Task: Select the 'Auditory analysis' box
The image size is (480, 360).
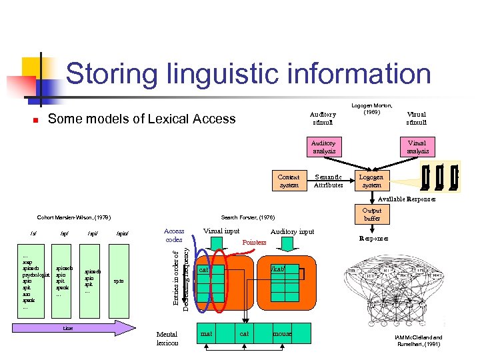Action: [x=323, y=147]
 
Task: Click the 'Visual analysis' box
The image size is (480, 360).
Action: [x=418, y=147]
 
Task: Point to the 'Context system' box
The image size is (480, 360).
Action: [x=289, y=181]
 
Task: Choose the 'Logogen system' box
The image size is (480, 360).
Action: [x=371, y=181]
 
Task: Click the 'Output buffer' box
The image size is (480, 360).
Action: [x=372, y=214]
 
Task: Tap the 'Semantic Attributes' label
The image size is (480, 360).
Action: [x=328, y=181]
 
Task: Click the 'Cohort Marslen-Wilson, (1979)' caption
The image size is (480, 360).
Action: [x=74, y=217]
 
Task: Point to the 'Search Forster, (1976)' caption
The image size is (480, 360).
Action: [x=247, y=217]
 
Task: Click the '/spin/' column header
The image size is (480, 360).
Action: [x=122, y=234]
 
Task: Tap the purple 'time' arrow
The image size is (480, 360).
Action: [x=73, y=328]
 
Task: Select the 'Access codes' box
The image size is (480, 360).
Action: [x=174, y=235]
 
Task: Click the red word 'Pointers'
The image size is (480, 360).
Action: [x=254, y=242]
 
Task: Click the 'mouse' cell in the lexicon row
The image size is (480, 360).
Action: [x=282, y=333]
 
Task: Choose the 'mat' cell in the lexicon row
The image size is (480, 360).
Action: [x=207, y=333]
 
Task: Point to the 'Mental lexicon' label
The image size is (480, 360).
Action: [x=167, y=338]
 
